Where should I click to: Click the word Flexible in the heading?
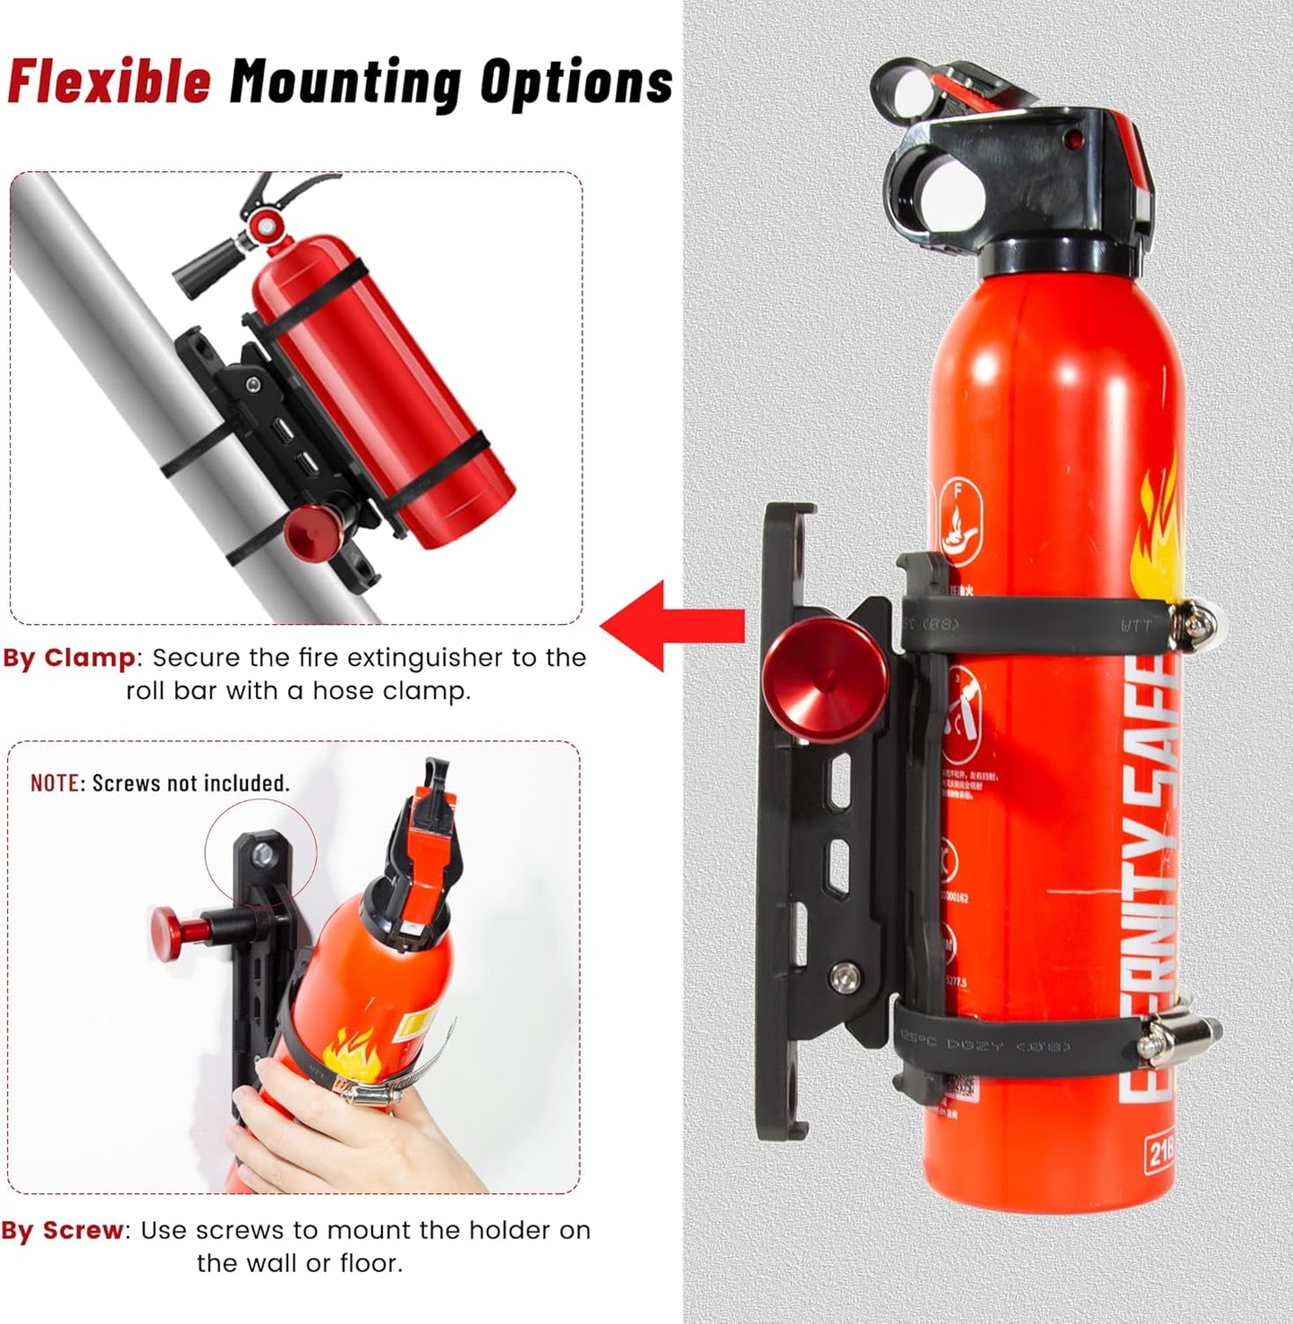[109, 81]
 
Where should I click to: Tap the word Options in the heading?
[576, 82]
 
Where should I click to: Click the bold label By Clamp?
[69, 658]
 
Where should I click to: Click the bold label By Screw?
[63, 1231]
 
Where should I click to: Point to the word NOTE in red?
[55, 783]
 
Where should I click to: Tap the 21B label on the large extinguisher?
[1160, 1153]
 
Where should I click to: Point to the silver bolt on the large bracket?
[840, 978]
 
